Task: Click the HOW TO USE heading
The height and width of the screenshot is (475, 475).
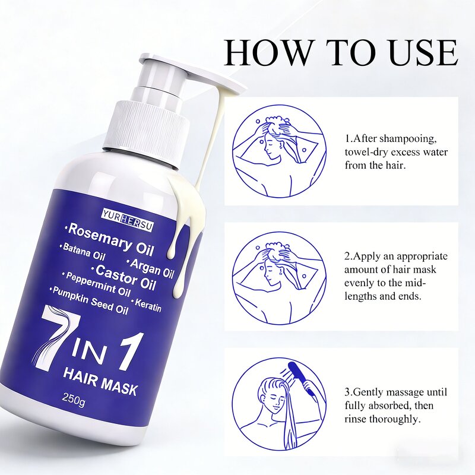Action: [341, 53]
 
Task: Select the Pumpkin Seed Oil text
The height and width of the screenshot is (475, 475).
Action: [90, 300]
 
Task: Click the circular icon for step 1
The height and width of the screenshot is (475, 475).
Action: [278, 151]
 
